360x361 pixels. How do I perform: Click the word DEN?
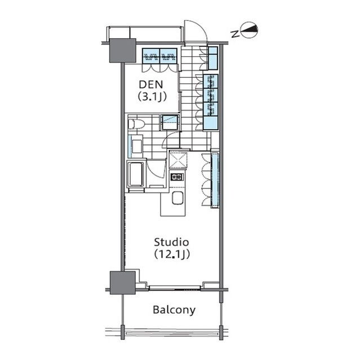coord(151,85)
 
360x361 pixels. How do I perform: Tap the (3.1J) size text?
coord(152,97)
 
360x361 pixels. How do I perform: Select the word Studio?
coord(171,242)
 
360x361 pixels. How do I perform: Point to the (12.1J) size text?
coord(172,254)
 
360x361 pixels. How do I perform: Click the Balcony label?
coord(174,310)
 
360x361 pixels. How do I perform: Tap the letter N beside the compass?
coord(235,34)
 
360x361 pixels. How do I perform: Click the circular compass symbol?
coord(249,30)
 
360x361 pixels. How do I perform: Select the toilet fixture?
coord(136,124)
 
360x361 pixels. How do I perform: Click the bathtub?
coord(136,174)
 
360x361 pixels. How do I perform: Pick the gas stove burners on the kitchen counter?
coord(177,177)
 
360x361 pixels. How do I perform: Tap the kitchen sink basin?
coord(177,198)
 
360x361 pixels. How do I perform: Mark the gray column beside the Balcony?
coord(122,283)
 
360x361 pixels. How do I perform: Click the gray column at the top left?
coord(122,50)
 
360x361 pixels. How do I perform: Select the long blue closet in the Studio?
coord(215,179)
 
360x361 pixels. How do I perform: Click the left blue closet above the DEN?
coord(151,56)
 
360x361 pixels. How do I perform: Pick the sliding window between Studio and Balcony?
coord(175,287)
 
